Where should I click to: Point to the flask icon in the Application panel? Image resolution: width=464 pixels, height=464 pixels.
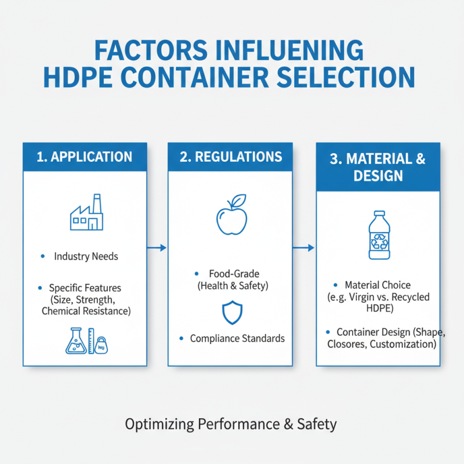tap(77, 342)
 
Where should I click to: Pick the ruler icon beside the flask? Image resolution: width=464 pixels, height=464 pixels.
tap(90, 341)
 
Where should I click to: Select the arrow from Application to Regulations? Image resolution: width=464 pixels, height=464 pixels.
tap(157, 248)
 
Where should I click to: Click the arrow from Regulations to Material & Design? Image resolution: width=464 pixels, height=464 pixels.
tap(304, 248)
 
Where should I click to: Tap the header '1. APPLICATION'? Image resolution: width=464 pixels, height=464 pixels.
tap(85, 157)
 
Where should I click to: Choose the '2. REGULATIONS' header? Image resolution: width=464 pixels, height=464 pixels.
tap(230, 157)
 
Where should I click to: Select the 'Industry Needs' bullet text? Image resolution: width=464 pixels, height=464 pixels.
tap(85, 256)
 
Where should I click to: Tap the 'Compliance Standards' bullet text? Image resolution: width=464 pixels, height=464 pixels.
tap(237, 338)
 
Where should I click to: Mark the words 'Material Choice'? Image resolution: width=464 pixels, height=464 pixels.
tap(378, 285)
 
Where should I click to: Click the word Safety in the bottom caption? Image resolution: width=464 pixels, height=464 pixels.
tap(317, 424)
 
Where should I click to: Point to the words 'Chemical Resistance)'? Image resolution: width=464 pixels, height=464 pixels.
tap(86, 311)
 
